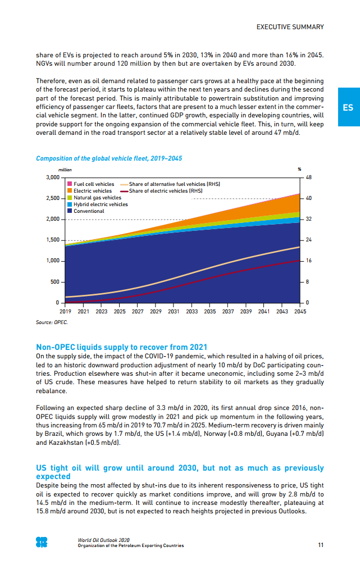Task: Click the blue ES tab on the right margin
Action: pos(348,107)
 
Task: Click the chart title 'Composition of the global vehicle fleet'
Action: pos(109,158)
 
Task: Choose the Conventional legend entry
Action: pos(89,211)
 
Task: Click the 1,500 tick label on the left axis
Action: pos(52,240)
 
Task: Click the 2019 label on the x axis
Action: pos(65,311)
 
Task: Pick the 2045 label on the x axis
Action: pos(300,311)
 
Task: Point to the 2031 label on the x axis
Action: pos(174,311)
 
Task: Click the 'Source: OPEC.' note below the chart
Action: pos(52,322)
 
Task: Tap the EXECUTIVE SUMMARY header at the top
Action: pos(290,27)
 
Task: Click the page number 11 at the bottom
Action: pos(320,544)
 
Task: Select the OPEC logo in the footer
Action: pos(42,542)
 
